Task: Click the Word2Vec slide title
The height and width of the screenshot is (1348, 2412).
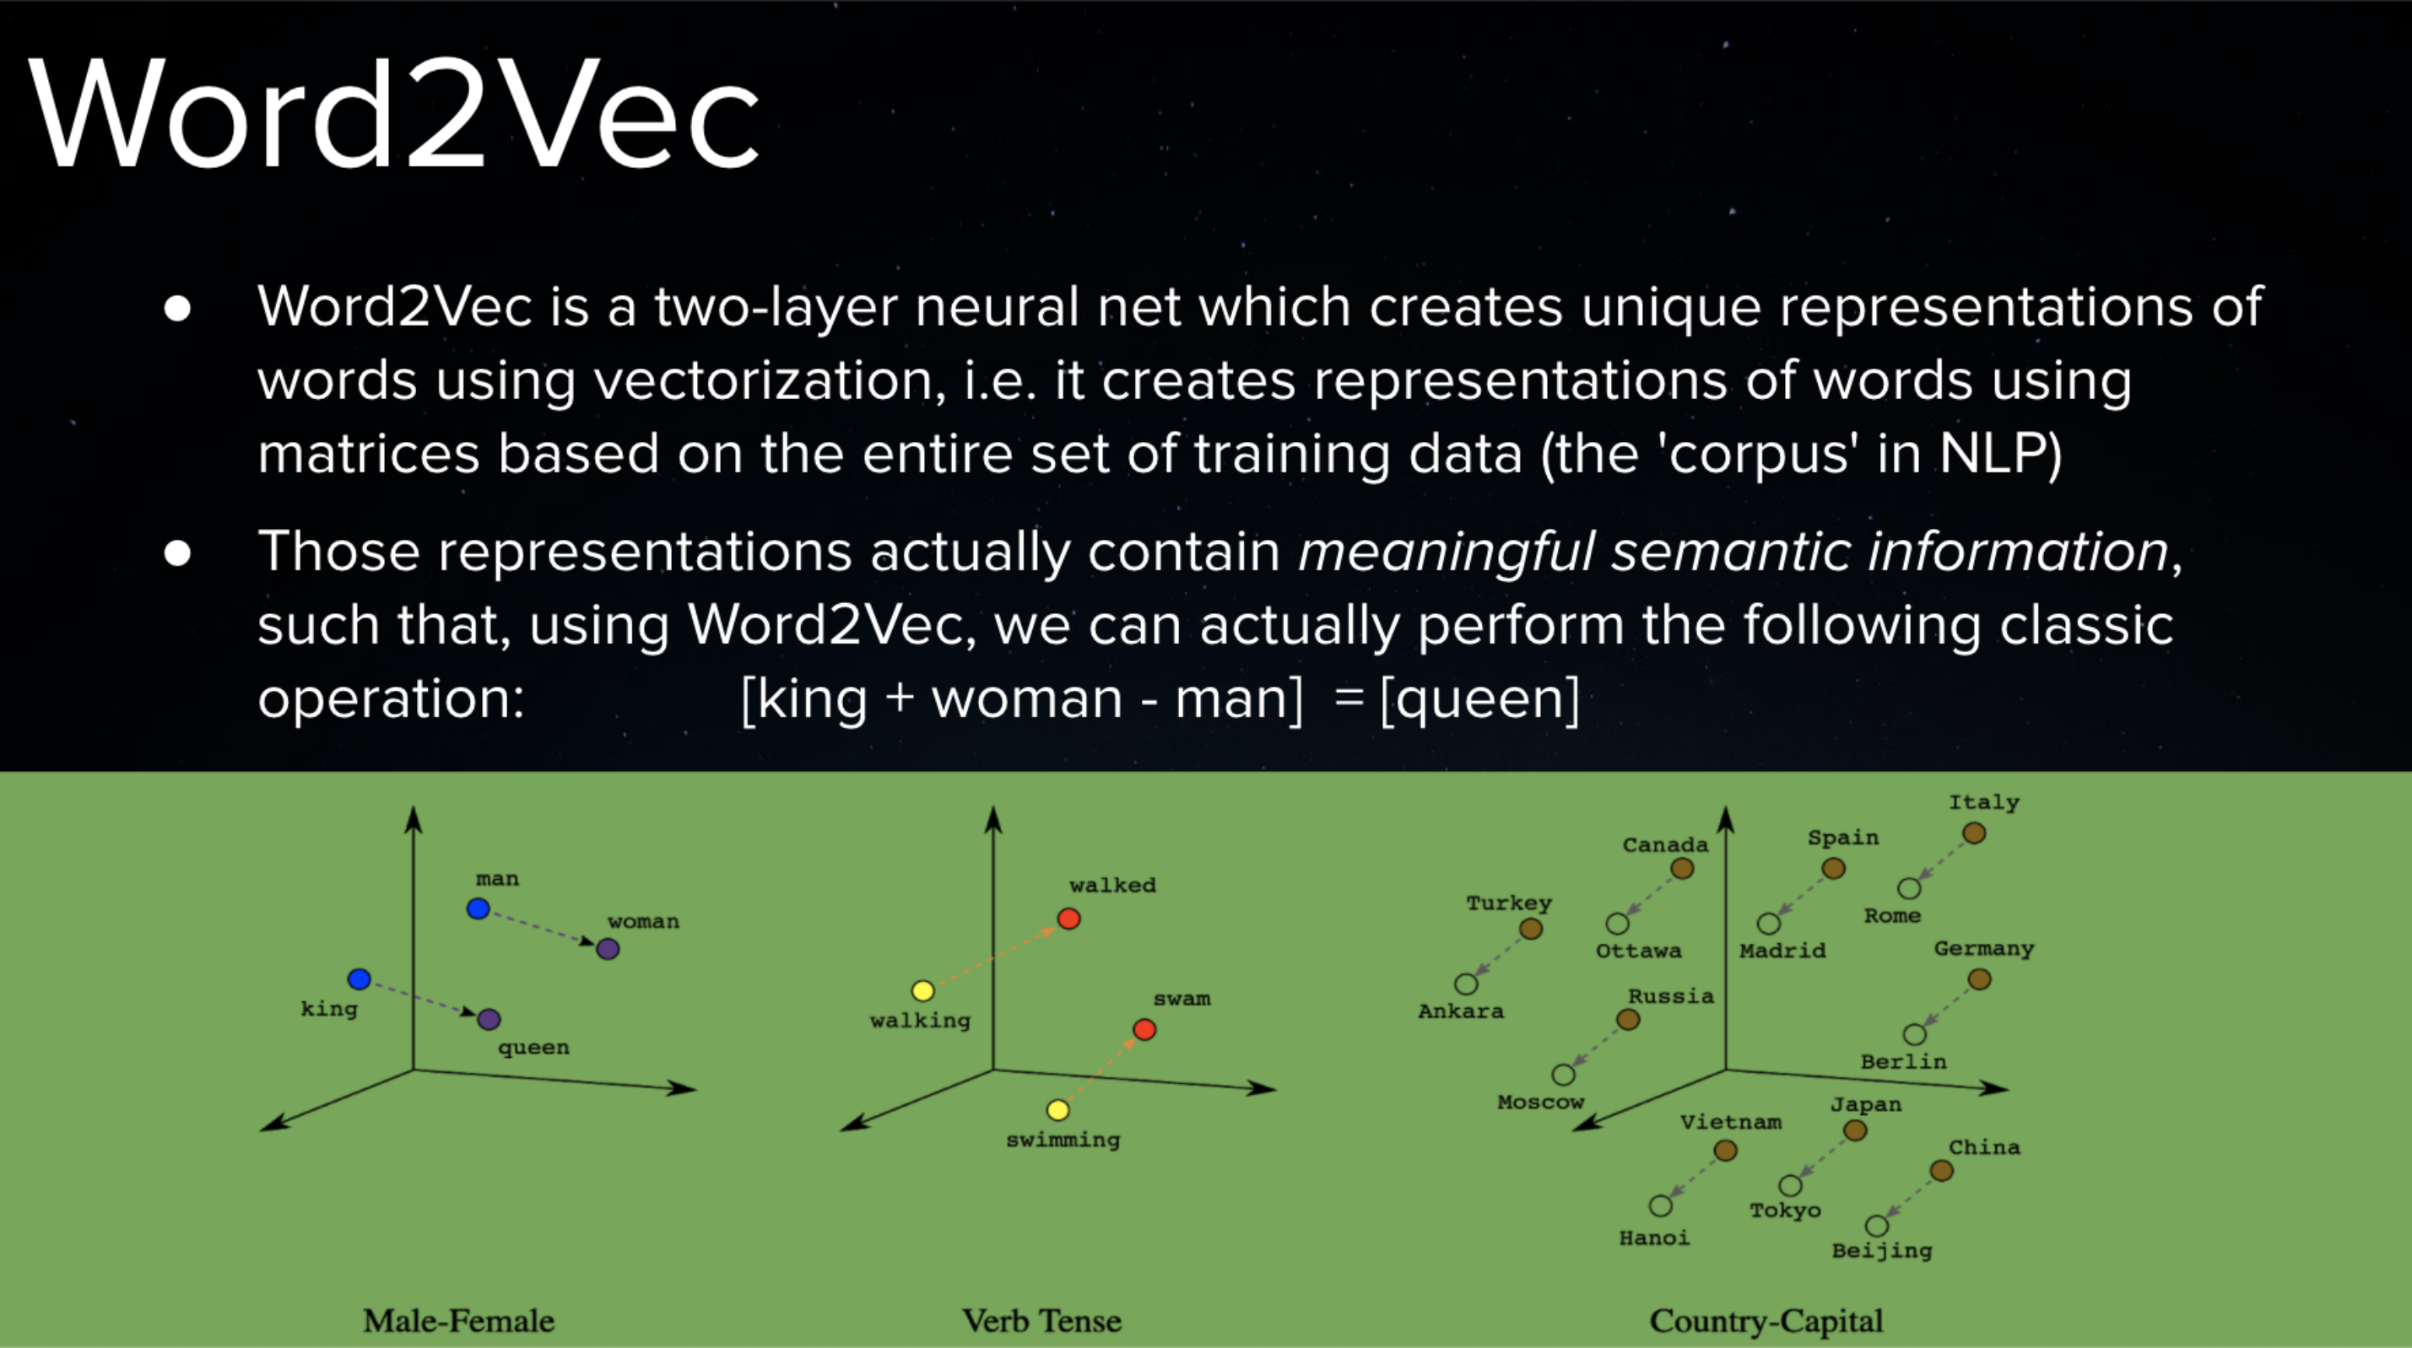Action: click(394, 115)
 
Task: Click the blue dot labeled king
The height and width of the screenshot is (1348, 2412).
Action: click(359, 979)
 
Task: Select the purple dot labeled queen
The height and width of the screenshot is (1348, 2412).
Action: click(489, 1019)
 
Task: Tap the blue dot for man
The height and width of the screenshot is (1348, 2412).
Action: click(479, 908)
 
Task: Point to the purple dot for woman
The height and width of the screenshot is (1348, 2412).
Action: click(608, 949)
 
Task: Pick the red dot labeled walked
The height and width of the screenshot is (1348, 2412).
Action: click(1068, 919)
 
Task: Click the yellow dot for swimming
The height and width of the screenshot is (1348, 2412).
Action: click(1058, 1110)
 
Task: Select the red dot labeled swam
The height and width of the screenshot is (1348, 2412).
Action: click(1144, 1030)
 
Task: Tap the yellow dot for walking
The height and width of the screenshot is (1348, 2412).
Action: click(923, 990)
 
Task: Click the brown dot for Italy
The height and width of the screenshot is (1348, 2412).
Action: click(1974, 833)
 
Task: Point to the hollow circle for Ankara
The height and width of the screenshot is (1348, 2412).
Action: click(1466, 984)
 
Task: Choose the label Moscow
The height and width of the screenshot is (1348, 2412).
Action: click(1540, 1102)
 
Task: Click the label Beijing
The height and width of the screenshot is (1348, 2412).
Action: click(1882, 1251)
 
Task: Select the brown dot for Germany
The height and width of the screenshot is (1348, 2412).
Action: click(1979, 979)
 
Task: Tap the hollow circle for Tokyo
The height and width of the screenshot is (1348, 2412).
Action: click(1790, 1186)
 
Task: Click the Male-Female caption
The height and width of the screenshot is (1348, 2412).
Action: click(459, 1321)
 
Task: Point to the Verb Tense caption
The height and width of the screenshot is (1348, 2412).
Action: click(1042, 1321)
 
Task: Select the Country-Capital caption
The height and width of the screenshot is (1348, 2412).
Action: click(1766, 1321)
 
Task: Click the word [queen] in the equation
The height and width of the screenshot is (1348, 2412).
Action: click(1480, 699)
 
